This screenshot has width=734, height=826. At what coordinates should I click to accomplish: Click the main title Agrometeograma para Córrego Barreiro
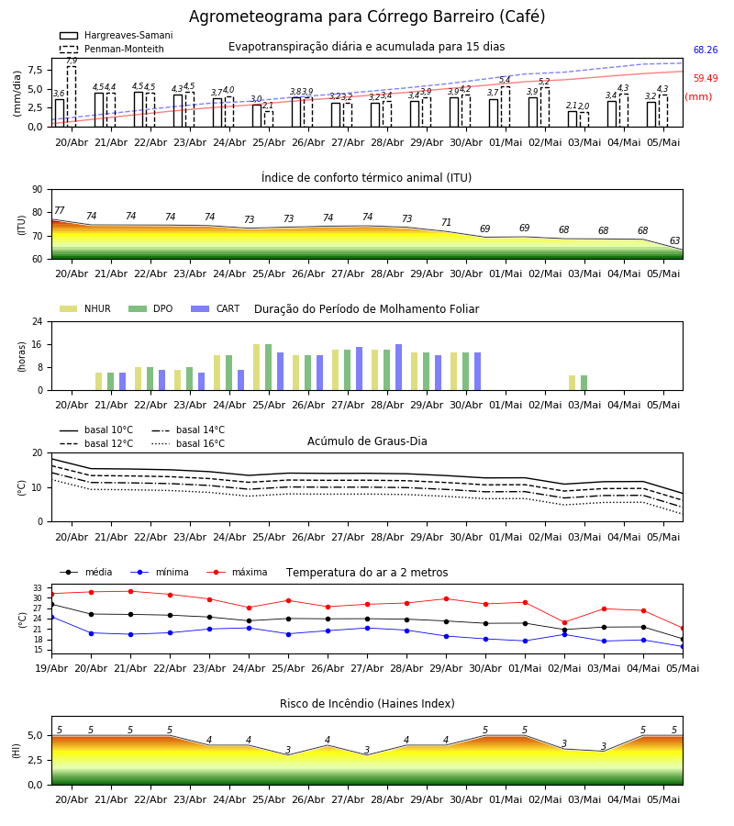367,17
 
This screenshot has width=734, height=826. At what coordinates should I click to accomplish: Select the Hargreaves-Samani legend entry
117,35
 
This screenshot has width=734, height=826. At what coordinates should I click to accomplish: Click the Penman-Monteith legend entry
112,49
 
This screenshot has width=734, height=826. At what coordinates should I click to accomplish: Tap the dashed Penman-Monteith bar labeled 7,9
72,96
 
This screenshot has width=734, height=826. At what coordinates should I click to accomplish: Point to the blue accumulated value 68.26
706,50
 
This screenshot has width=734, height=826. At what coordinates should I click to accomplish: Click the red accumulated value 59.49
706,79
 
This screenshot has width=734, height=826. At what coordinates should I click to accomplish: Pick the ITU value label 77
59,211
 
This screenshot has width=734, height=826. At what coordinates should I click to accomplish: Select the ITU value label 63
674,240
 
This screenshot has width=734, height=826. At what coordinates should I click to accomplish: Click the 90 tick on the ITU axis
38,190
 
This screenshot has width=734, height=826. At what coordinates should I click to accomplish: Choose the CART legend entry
216,308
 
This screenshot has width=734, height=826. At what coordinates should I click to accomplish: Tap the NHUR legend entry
85,308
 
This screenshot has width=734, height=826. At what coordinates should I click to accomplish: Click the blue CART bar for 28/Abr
398,367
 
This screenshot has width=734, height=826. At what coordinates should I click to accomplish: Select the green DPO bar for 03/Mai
584,383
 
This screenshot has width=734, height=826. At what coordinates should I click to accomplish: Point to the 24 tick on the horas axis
38,321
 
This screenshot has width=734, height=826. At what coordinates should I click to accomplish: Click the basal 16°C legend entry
188,443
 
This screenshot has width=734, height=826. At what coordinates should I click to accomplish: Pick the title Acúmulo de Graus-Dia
367,441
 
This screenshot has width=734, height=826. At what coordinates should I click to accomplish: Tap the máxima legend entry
237,572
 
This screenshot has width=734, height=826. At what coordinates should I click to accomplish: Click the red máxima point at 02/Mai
564,622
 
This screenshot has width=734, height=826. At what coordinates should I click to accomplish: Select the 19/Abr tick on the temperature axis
51,668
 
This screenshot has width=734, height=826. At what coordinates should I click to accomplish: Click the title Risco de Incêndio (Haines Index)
367,704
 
